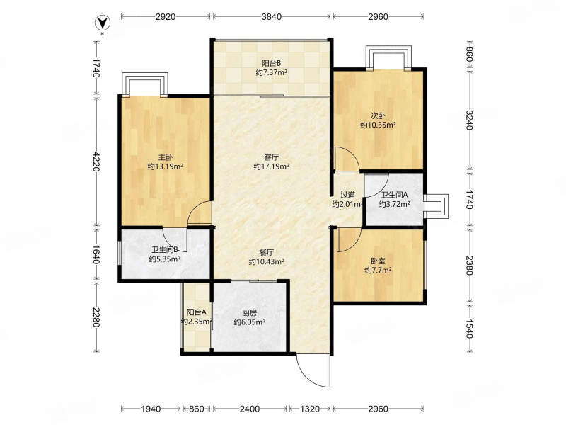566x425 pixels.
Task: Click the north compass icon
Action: pyautogui.click(x=103, y=23)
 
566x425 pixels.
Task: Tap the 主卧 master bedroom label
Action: pyautogui.click(x=166, y=157)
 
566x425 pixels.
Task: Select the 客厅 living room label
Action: pyautogui.click(x=272, y=157)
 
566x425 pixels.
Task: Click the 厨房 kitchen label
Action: pyautogui.click(x=250, y=313)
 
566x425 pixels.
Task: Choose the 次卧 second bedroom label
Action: pyautogui.click(x=378, y=116)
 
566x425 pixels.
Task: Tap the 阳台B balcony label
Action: pyautogui.click(x=272, y=63)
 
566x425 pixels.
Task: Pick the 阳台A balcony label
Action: pyautogui.click(x=197, y=312)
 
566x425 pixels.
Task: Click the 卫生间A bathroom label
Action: pyautogui.click(x=395, y=195)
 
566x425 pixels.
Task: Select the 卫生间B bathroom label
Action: pyautogui.click(x=165, y=250)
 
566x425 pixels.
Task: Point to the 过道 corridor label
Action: pyautogui.click(x=347, y=195)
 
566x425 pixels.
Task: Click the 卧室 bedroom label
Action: pyautogui.click(x=378, y=261)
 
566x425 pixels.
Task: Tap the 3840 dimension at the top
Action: pyautogui.click(x=272, y=16)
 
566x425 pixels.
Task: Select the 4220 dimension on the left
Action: pyautogui.click(x=96, y=161)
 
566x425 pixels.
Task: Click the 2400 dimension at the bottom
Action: pyautogui.click(x=250, y=409)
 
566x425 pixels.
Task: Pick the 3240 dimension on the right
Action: pyautogui.click(x=469, y=120)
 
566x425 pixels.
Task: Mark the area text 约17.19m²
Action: pyautogui.click(x=272, y=166)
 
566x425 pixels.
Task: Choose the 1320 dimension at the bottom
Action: pyautogui.click(x=310, y=409)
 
